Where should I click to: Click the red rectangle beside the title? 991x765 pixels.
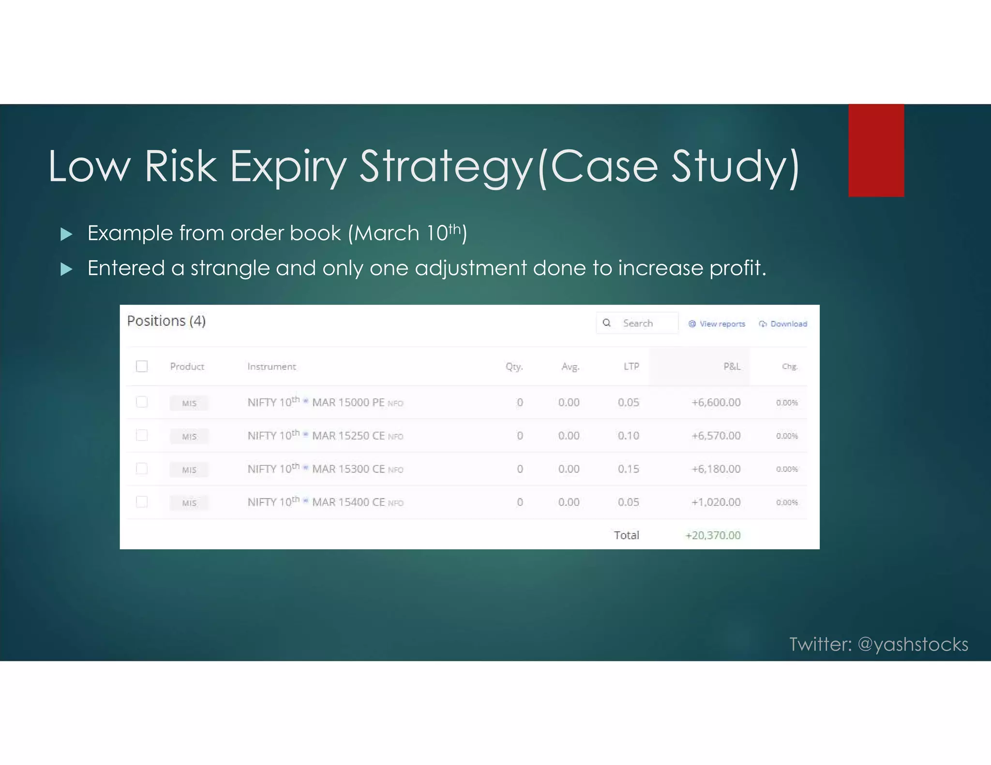(x=876, y=150)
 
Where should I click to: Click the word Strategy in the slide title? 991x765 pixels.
(x=445, y=167)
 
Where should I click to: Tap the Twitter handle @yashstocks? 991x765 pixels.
(x=913, y=644)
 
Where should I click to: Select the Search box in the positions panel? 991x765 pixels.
(x=637, y=323)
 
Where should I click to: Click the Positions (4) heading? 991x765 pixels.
(x=166, y=321)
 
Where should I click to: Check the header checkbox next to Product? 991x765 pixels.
(x=142, y=366)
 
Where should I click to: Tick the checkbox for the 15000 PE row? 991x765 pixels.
(x=142, y=402)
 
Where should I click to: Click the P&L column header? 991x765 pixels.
(x=732, y=367)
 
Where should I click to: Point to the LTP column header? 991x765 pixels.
(x=631, y=367)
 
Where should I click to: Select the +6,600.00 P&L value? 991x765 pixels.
(x=716, y=402)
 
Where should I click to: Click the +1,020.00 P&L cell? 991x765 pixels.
(x=716, y=502)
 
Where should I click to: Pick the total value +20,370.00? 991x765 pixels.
(x=713, y=535)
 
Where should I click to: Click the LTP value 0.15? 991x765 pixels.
(x=628, y=469)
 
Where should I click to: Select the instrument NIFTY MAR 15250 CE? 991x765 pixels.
(x=325, y=436)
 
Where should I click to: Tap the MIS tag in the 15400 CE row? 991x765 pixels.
(x=189, y=503)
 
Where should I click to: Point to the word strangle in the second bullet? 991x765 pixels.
(x=230, y=268)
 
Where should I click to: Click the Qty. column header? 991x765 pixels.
(x=514, y=367)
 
